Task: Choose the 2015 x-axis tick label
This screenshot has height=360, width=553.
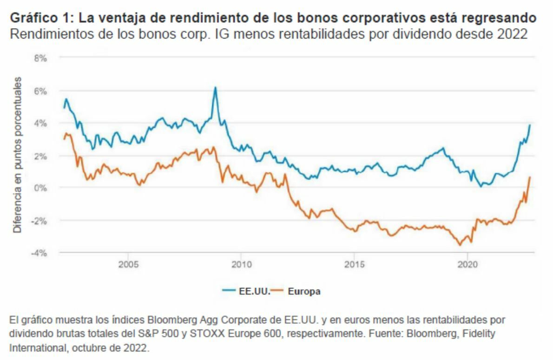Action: tap(354, 265)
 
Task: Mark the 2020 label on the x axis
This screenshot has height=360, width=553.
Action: tap(467, 265)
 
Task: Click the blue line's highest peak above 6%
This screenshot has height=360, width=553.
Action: tap(215, 87)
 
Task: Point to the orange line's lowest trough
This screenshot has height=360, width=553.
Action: tap(460, 245)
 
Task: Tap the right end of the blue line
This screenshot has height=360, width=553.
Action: tap(530, 125)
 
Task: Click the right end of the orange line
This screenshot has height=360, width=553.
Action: tap(530, 177)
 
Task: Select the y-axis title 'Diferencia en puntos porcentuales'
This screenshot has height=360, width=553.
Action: tap(18, 155)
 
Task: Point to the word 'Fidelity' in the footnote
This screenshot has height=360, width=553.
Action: tap(481, 334)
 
